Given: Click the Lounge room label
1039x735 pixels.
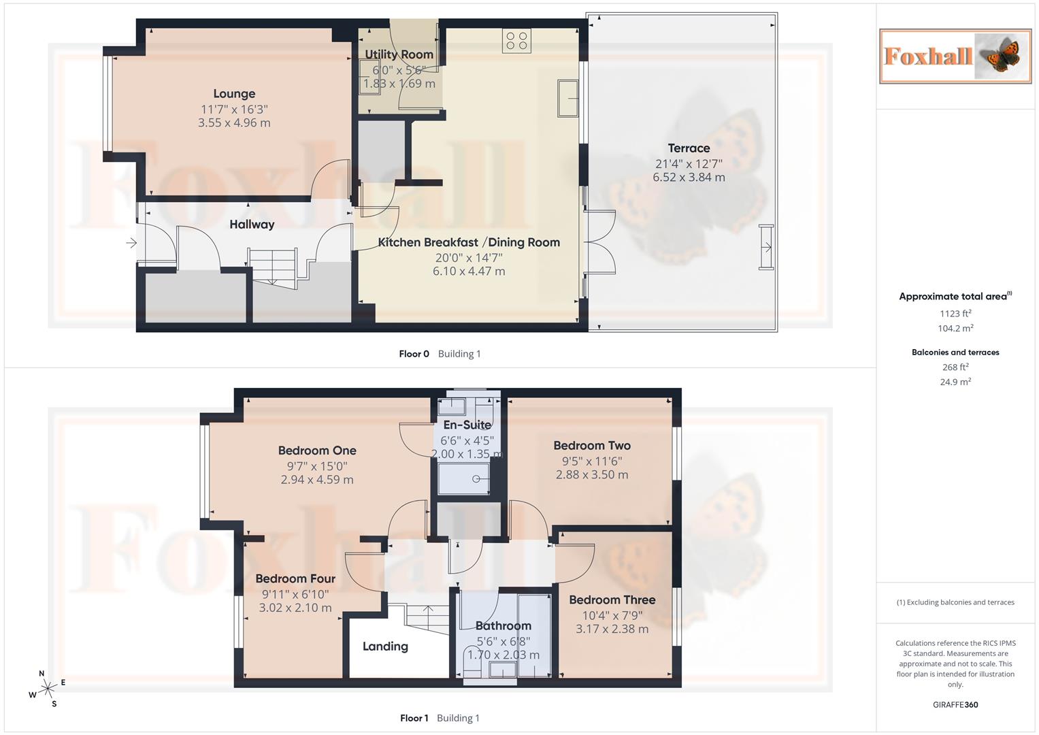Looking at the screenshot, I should point(234,94).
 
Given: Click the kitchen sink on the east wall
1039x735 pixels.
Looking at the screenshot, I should point(567,97).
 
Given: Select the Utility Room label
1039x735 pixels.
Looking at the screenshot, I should point(399,54).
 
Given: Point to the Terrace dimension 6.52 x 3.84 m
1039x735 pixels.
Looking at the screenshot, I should point(689,178).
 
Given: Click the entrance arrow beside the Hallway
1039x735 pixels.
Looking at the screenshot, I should point(131,242).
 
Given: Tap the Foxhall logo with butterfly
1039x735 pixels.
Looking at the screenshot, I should point(955,56).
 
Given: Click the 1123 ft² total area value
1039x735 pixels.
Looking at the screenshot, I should point(955,314).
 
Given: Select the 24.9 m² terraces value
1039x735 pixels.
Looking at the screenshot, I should point(955,382).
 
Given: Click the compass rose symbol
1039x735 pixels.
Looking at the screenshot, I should point(47,689).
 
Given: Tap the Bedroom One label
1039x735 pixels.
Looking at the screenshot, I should point(317,451).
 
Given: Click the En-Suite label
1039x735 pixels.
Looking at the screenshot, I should point(467,425).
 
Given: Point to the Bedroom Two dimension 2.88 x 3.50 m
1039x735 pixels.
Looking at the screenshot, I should point(592,475).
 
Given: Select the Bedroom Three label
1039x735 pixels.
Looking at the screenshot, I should point(612,600).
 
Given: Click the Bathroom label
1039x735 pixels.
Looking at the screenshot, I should point(503,625).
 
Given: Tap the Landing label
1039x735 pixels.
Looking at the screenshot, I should point(385,647).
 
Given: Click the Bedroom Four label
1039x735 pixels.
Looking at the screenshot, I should point(295,578).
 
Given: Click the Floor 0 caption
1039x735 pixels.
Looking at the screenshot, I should point(414,354).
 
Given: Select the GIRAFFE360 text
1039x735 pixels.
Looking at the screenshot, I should point(955,705).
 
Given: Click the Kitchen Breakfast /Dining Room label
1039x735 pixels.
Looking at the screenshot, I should point(469,242).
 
